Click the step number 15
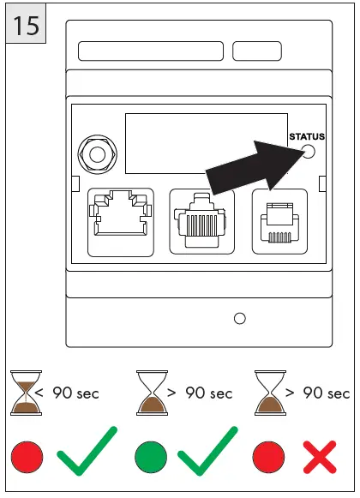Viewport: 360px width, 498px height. [x=26, y=26]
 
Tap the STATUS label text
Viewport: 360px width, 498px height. [x=307, y=136]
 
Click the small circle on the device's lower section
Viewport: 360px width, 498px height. [x=240, y=319]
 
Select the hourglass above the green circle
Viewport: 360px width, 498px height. [x=153, y=393]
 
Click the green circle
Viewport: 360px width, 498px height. [x=147, y=457]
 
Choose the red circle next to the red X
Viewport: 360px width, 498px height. [x=267, y=457]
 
